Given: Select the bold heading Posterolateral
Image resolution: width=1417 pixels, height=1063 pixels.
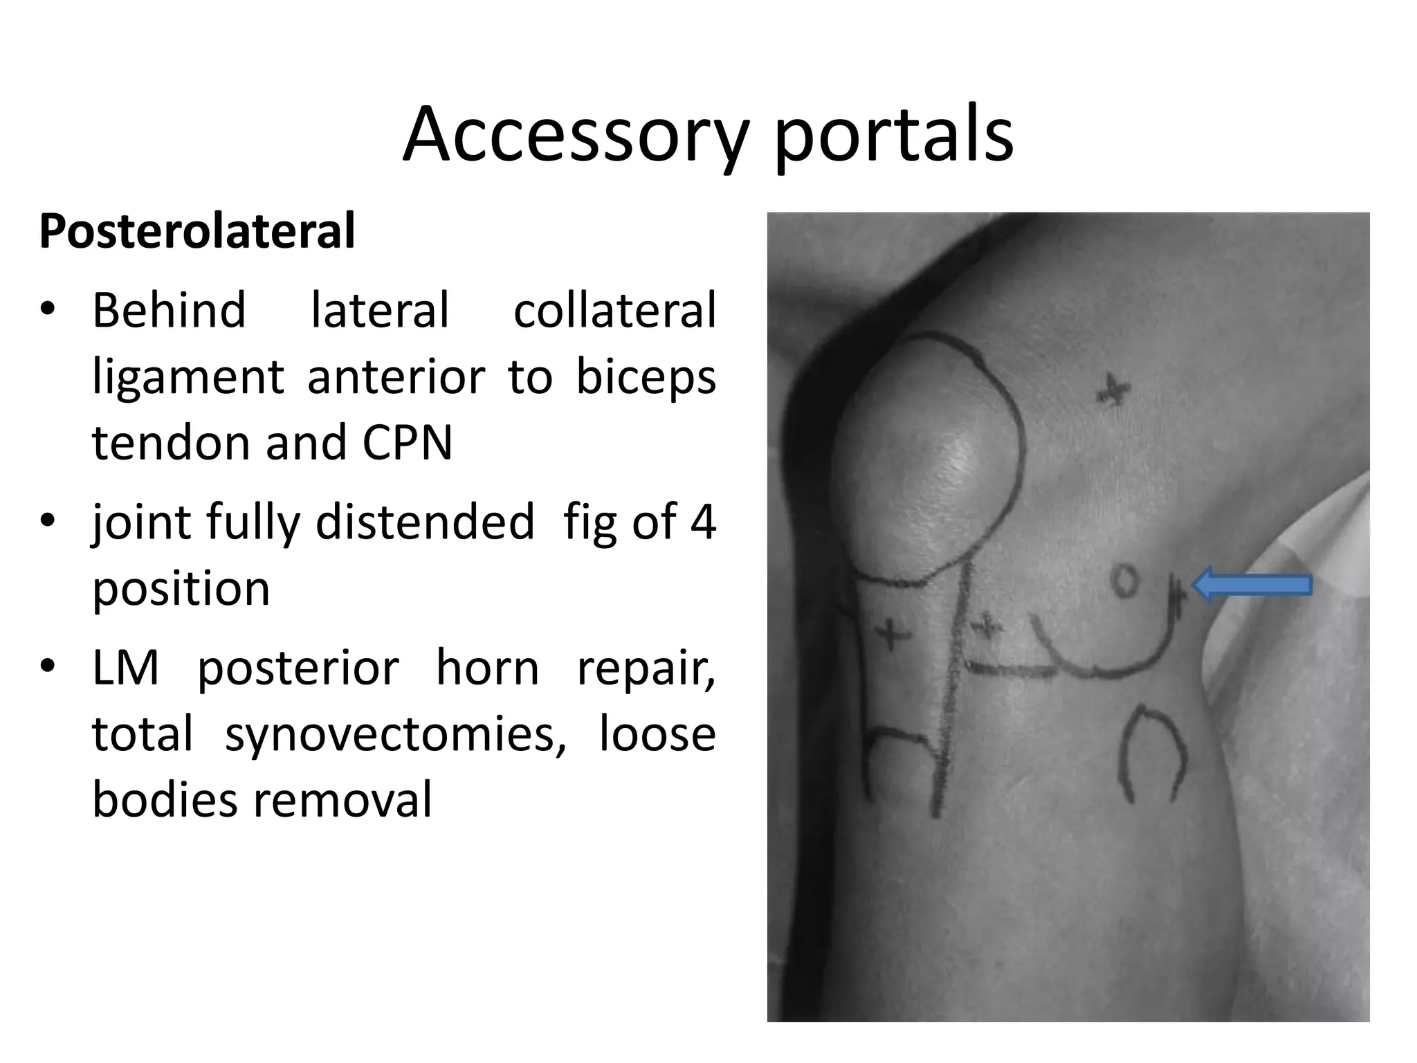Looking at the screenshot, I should coord(197,231).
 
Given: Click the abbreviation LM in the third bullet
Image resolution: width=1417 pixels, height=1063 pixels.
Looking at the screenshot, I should coord(125,668).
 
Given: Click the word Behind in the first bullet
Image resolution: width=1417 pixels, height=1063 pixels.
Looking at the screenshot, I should coord(169,310).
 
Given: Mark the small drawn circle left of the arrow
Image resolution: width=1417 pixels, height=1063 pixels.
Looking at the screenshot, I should coord(1125,580).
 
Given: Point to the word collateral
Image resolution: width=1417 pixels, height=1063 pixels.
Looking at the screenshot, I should coord(614,310).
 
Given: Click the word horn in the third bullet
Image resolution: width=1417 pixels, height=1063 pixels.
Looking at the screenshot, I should coord(487,668).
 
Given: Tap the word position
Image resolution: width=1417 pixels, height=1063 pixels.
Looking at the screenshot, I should coord(181,589).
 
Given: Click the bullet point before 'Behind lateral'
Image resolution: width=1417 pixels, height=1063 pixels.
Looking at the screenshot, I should coord(47,310).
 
